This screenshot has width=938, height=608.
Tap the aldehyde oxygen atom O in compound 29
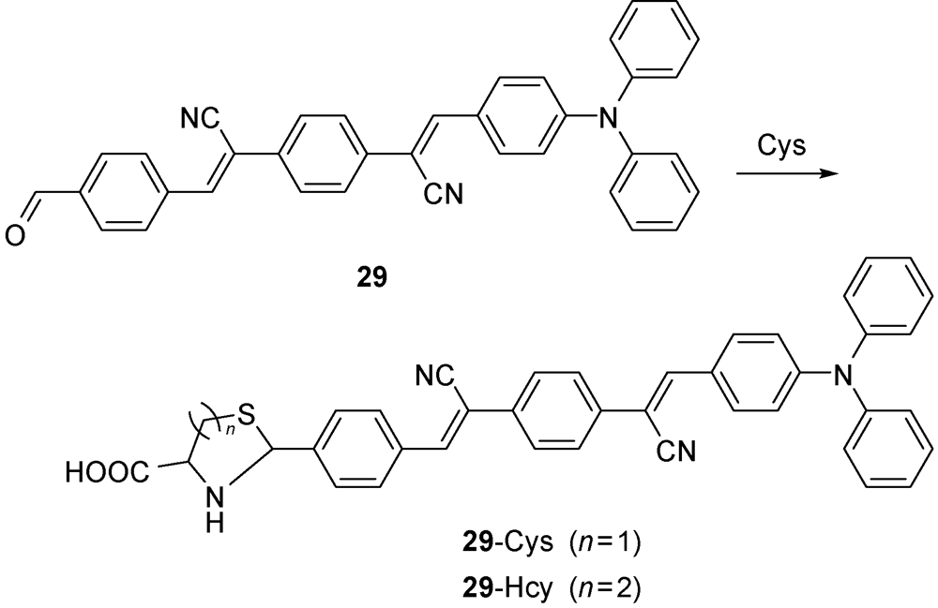[x=16, y=237]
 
